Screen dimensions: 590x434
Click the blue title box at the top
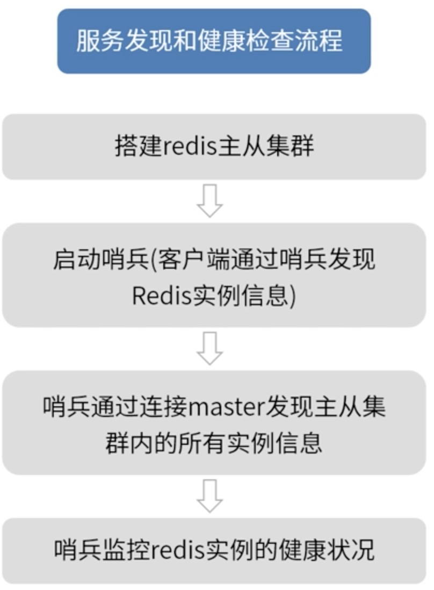click(214, 41)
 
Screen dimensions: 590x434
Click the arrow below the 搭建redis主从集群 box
click(209, 200)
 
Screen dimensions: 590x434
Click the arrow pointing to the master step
click(209, 348)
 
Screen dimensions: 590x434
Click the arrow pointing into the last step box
click(209, 495)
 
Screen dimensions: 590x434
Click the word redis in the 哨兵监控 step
click(176, 550)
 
